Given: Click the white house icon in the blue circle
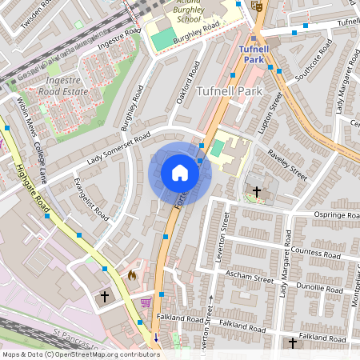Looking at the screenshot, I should (x=180, y=173).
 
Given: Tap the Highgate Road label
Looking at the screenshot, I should (x=32, y=189).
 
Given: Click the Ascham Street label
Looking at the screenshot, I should (x=251, y=278).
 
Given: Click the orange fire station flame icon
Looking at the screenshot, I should (x=132, y=275).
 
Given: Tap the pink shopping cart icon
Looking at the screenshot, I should (x=146, y=302).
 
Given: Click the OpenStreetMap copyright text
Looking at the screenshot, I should (x=80, y=354).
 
